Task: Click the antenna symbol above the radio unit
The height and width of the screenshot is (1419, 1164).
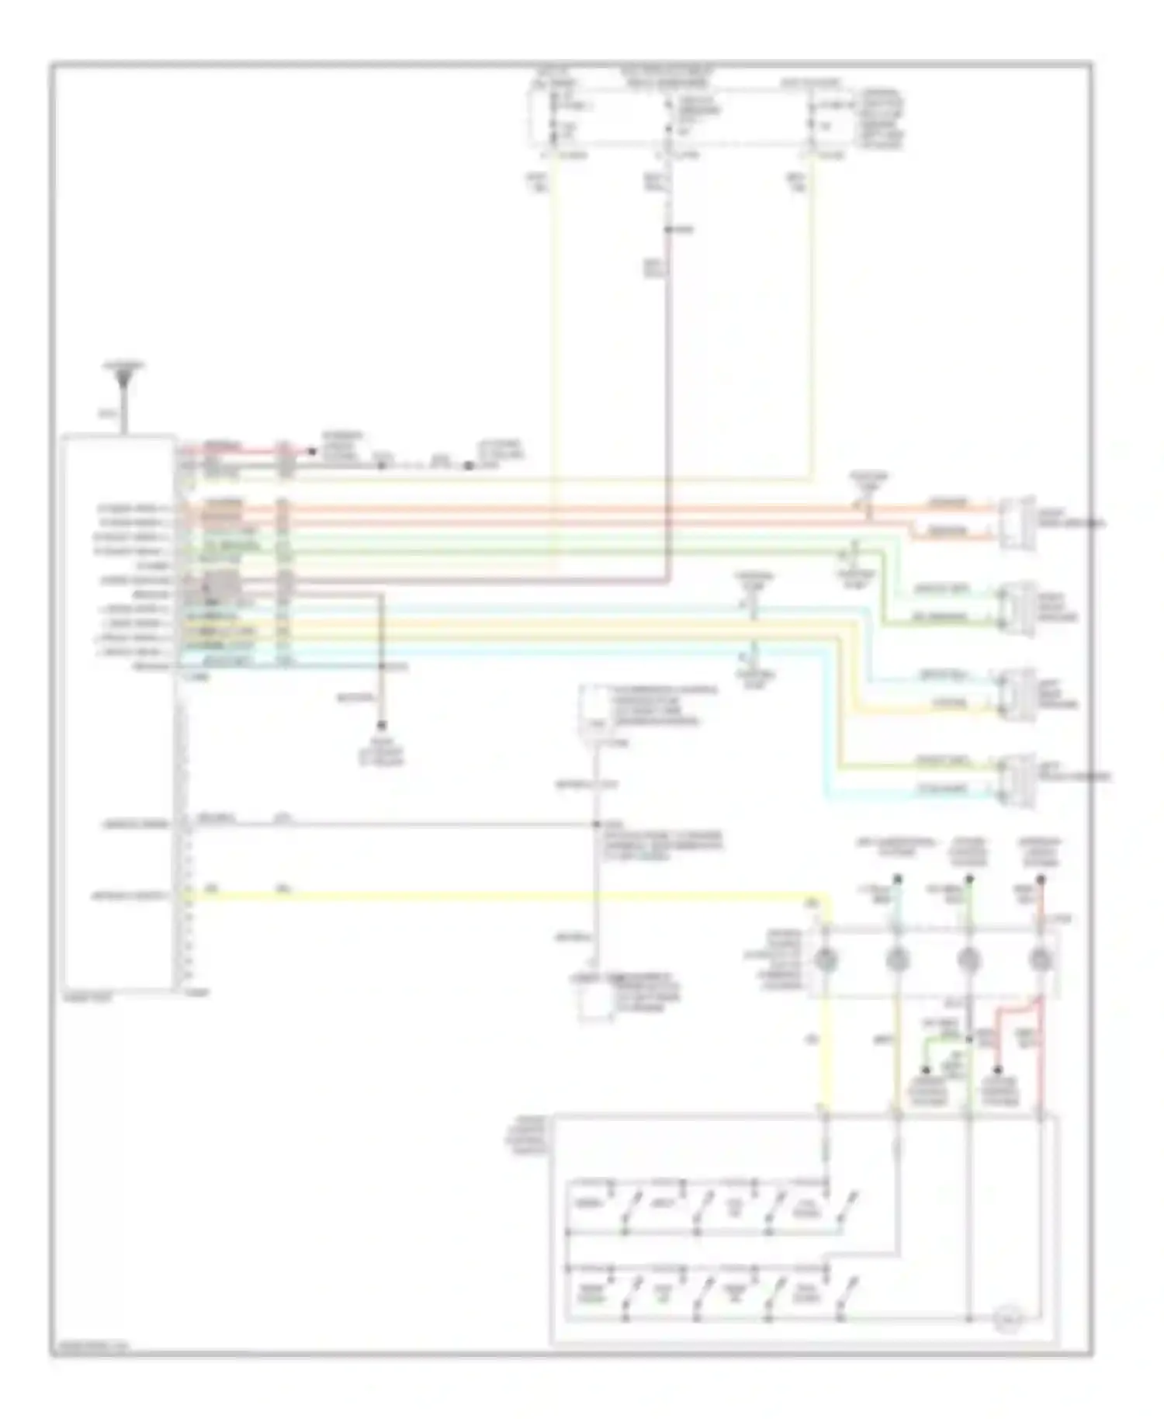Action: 123,381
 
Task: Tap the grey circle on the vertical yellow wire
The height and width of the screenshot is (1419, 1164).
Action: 826,960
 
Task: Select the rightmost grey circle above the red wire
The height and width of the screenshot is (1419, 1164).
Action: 1041,960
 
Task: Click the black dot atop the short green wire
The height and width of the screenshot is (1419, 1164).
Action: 927,1070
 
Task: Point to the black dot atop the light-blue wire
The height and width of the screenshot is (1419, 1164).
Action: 897,880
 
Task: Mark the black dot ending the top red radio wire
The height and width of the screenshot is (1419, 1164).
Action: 313,451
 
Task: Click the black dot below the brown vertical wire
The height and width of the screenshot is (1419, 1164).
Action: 381,726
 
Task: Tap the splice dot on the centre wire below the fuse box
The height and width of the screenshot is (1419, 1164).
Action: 668,230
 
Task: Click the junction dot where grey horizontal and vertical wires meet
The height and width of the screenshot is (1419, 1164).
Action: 597,824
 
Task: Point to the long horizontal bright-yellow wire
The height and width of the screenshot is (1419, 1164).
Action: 504,897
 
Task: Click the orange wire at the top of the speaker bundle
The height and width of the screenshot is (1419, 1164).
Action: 543,509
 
